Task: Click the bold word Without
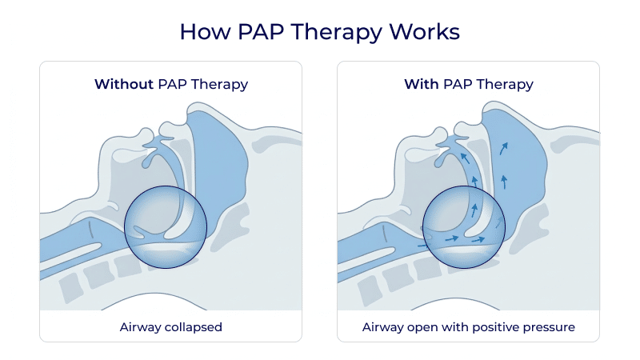click(123, 84)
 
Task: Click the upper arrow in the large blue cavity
click(503, 148)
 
